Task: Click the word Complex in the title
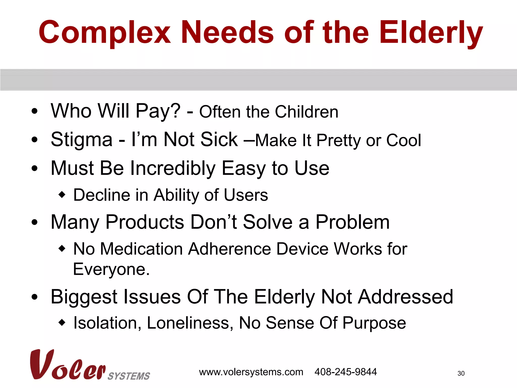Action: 105,33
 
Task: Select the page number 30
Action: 461,373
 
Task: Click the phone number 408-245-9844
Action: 346,372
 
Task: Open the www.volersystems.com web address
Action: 251,372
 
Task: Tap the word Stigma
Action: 81,140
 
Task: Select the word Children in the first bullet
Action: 306,112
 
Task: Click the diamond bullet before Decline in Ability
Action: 62,195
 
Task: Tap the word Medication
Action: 141,249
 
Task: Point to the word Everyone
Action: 111,269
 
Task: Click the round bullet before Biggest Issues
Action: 35,297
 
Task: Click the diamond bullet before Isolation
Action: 62,323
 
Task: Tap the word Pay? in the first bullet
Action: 158,111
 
